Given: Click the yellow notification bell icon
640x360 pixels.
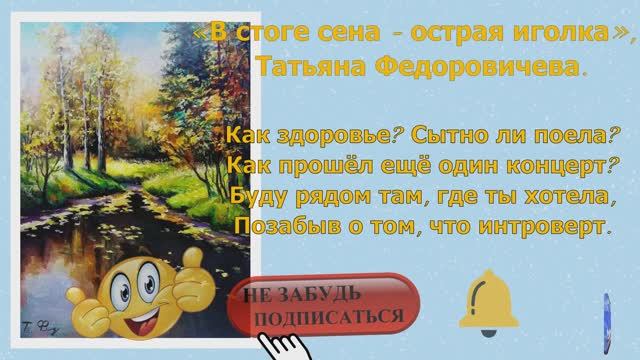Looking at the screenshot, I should coord(492,303).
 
